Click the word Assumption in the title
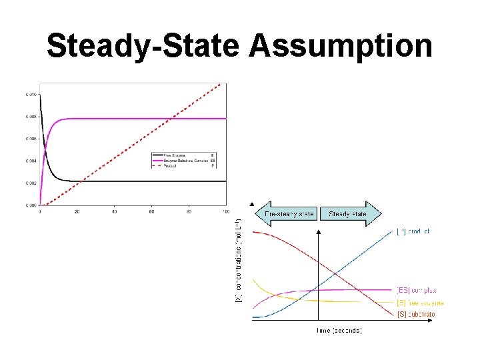(x=341, y=47)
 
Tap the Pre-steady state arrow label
(x=289, y=214)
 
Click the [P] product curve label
(x=413, y=232)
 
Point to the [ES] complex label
(x=417, y=291)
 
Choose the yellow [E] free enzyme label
(x=420, y=303)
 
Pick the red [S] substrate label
(x=417, y=314)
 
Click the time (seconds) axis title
(x=339, y=330)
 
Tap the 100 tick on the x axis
(x=225, y=212)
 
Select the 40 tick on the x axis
(x=114, y=212)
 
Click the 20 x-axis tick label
(x=77, y=212)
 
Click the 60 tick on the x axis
(x=151, y=212)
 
